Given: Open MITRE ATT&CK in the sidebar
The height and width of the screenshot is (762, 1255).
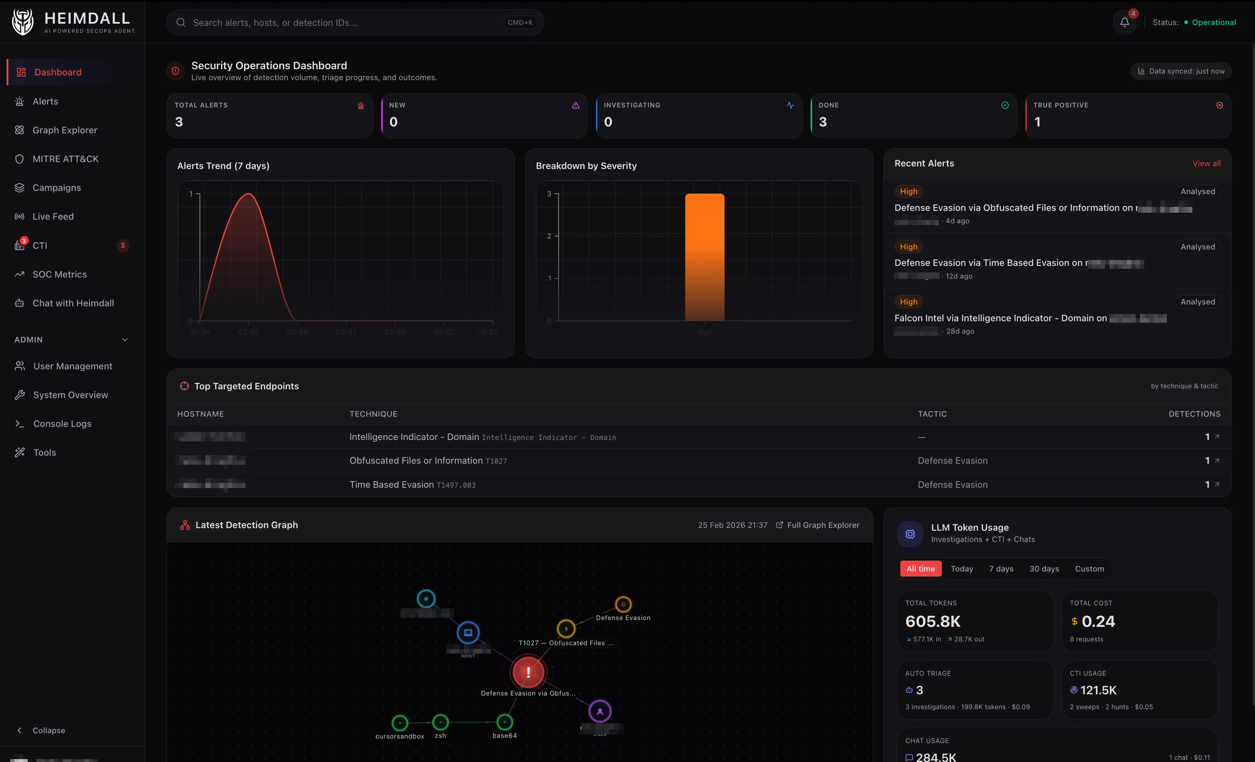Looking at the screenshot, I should [x=65, y=159].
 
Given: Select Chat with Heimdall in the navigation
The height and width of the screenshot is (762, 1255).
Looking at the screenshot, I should [x=73, y=303].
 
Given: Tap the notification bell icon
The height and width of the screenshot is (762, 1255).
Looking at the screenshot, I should [x=1124, y=23].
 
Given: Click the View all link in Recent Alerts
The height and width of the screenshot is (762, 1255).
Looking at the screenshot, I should [x=1206, y=164].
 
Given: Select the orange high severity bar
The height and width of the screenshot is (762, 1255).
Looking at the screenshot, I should [x=704, y=257].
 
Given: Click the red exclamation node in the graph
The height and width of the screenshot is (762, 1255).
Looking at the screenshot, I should [x=528, y=672].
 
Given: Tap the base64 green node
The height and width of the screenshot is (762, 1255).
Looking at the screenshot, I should [x=504, y=722].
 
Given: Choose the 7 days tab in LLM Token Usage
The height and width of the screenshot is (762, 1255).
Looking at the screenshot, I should [x=1001, y=569].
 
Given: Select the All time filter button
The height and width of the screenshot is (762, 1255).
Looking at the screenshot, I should [x=920, y=569].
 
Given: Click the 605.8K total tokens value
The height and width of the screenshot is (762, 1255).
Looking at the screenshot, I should [x=933, y=621].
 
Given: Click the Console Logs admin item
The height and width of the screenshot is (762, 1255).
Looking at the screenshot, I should [x=62, y=424].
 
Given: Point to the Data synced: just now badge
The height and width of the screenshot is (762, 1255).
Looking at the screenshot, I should [x=1181, y=71].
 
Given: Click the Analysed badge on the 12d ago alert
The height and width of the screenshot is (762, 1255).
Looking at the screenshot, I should [x=1197, y=247].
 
